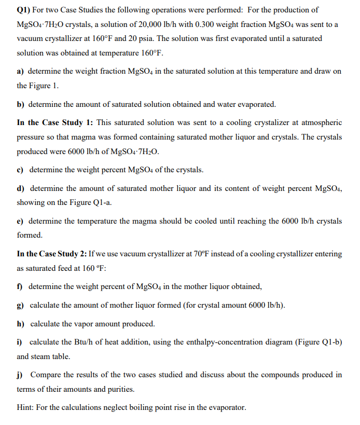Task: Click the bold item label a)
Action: click(21, 71)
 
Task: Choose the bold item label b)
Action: click(21, 104)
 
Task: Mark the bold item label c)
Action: click(21, 170)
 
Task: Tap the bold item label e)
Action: click(21, 221)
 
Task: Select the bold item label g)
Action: click(21, 305)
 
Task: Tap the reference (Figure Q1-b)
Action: click(318, 343)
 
